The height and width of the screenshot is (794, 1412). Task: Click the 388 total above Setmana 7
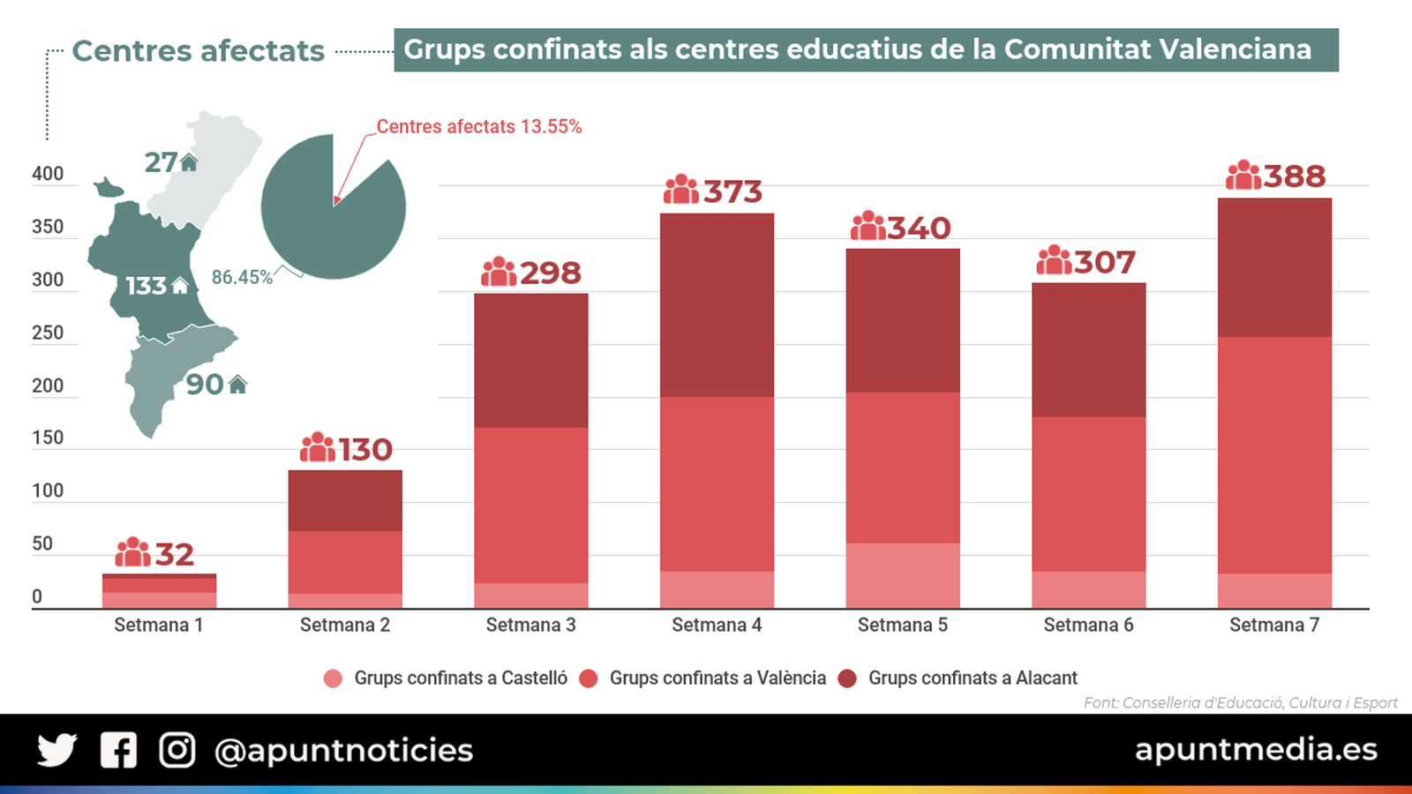click(1294, 176)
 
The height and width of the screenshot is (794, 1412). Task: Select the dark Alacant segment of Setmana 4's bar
click(717, 304)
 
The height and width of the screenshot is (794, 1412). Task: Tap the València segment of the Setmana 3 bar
click(530, 505)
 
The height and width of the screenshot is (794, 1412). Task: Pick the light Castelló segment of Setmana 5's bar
click(902, 575)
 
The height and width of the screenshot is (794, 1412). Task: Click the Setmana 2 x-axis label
click(344, 625)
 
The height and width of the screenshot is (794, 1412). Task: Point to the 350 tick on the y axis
click(48, 227)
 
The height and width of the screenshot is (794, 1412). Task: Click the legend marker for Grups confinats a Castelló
click(333, 678)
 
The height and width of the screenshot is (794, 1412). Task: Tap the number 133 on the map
click(146, 286)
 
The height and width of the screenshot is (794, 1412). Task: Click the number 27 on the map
click(161, 162)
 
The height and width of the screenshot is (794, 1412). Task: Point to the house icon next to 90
click(237, 385)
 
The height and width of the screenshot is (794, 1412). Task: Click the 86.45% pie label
click(242, 277)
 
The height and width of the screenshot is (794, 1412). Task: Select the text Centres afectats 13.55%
click(479, 127)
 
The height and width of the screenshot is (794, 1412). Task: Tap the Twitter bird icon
click(56, 750)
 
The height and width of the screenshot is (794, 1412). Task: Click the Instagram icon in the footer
click(176, 750)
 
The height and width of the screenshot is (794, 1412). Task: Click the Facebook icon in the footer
click(118, 750)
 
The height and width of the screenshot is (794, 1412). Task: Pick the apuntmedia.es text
click(1255, 749)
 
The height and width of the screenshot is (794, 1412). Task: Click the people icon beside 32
click(133, 552)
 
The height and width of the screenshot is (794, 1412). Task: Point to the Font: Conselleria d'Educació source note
click(1240, 702)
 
